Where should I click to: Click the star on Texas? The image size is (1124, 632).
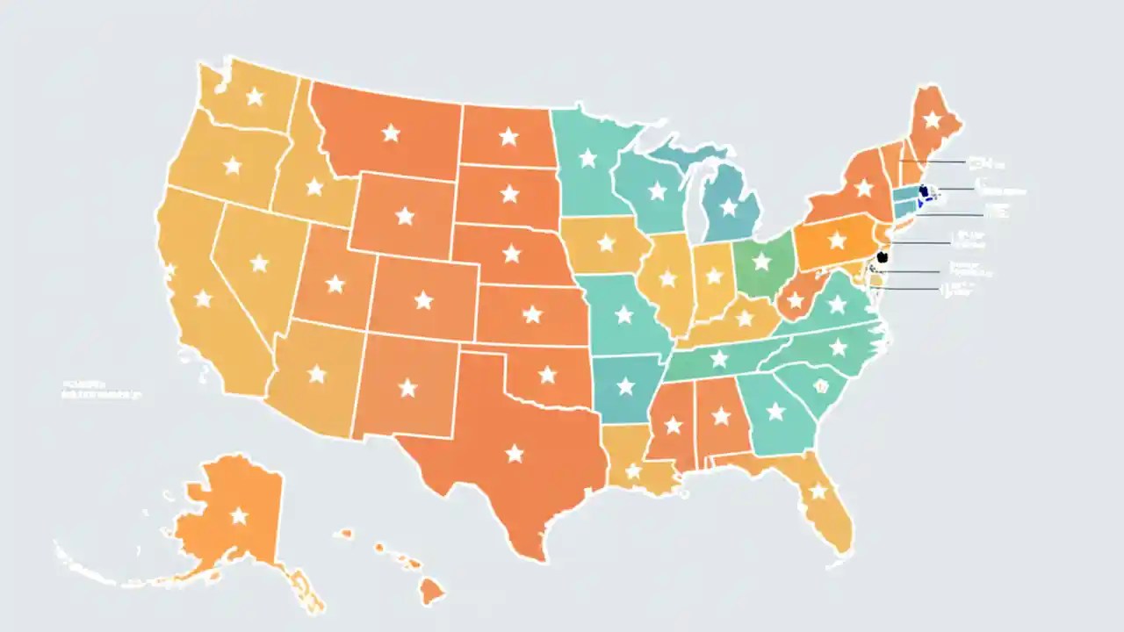[x=515, y=453]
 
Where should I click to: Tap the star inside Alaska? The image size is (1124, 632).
[x=239, y=515]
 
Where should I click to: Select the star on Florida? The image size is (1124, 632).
[x=818, y=491]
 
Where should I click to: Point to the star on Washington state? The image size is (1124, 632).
[x=255, y=97]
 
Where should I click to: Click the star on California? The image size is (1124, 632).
[x=203, y=298]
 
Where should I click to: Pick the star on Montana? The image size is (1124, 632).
[x=391, y=133]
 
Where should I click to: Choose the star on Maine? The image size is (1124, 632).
[x=932, y=119]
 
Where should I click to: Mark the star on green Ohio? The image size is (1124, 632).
[x=761, y=262]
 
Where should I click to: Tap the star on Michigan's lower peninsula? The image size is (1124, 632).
[x=728, y=207]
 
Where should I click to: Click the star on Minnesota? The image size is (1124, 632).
[x=587, y=158]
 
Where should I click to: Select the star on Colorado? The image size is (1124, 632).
[x=423, y=300]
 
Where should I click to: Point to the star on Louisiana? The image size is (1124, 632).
[x=633, y=472]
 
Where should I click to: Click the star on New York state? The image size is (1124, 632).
[x=864, y=188]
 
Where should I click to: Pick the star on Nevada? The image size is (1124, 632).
[x=258, y=262]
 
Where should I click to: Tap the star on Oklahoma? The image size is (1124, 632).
[x=547, y=375]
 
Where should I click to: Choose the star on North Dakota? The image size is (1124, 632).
[x=508, y=136]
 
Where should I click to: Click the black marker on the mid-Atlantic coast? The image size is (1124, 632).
[x=883, y=257]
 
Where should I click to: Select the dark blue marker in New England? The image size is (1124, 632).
[x=922, y=191]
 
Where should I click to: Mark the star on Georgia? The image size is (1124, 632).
[x=775, y=411]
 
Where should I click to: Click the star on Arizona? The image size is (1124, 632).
[x=316, y=375]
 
